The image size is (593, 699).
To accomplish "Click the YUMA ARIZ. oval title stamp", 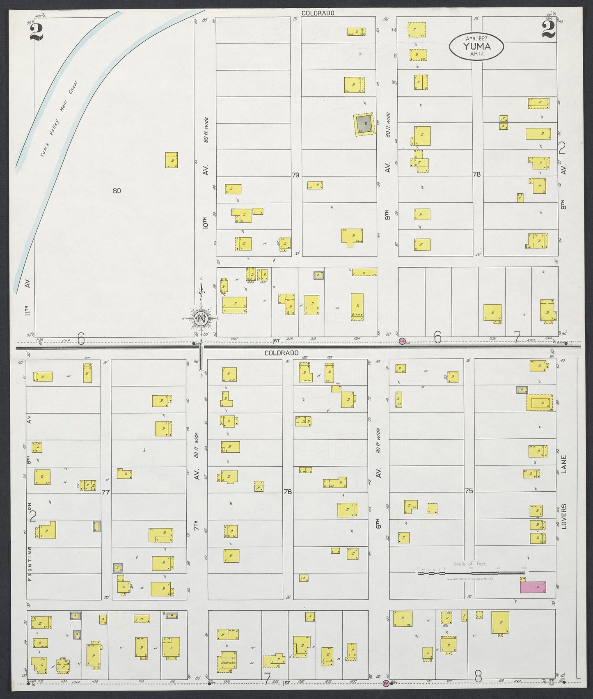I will (476, 46).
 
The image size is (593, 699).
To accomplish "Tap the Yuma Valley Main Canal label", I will (60, 119).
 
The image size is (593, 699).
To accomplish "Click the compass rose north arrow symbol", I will (201, 319).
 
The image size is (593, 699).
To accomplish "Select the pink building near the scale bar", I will (533, 587).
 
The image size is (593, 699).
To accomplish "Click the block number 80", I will (117, 190).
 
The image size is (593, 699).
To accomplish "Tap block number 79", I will (295, 175).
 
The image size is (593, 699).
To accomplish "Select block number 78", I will (476, 174).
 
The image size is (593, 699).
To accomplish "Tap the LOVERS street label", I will (564, 516).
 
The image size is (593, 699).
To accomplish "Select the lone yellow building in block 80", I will (172, 160).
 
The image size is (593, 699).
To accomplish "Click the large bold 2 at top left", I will (37, 32).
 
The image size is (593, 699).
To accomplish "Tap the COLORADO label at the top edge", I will (318, 13).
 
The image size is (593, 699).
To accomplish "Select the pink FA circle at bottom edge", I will (386, 683).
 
